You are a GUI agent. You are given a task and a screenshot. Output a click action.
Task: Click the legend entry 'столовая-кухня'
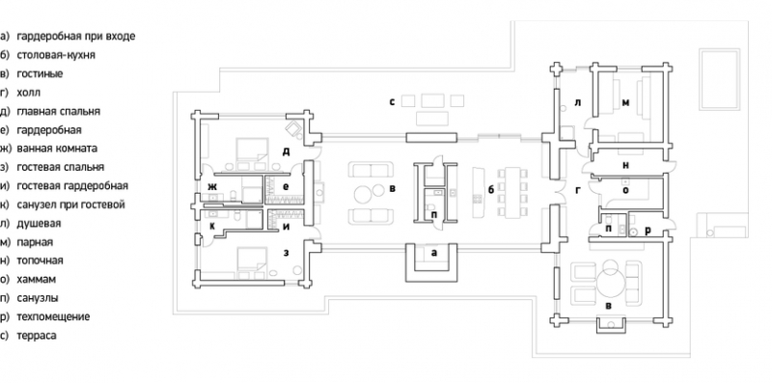tap(56, 55)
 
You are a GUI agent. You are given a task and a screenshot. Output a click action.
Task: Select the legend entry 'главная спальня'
tap(58, 111)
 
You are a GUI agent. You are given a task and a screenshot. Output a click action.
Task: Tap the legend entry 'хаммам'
tap(36, 279)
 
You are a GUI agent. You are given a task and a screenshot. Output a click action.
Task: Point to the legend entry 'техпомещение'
tap(53, 316)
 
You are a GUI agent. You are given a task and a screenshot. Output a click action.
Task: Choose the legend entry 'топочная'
tap(40, 260)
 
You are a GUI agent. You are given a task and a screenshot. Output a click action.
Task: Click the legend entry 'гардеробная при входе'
tap(76, 37)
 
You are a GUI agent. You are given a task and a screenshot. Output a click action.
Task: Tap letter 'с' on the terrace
tap(392, 102)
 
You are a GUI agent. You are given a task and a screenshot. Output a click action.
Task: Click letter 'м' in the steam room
tap(625, 102)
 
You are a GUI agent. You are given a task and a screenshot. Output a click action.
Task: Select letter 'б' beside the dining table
tap(490, 190)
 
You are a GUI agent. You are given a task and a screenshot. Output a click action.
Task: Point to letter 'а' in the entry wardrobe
tap(433, 253)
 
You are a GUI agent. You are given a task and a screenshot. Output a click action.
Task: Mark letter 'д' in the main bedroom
tap(286, 152)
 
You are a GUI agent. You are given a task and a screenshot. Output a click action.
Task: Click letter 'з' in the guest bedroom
tap(286, 253)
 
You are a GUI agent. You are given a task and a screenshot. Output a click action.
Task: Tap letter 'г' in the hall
tap(579, 190)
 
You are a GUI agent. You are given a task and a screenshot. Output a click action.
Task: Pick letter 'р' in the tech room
tap(647, 230)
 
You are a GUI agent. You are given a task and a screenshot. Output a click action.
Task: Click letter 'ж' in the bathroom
tap(212, 186)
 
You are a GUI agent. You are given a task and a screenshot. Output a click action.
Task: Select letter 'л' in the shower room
tap(578, 102)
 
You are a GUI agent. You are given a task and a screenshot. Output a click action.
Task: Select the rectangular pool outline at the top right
tap(719, 79)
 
